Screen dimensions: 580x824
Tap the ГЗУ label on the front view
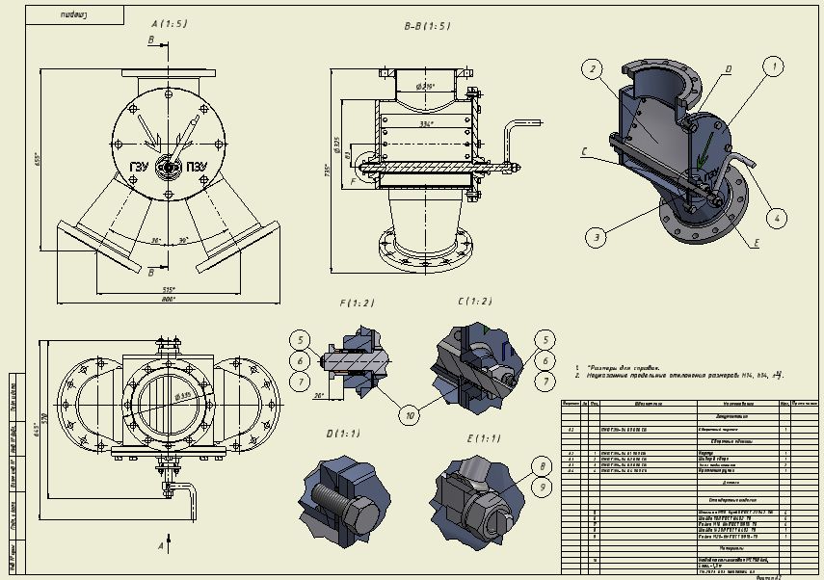click(141, 167)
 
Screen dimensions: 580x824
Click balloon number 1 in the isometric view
click(772, 66)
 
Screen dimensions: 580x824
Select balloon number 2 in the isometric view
click(591, 67)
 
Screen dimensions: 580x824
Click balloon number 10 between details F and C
click(411, 415)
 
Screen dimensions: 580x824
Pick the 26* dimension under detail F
click(318, 395)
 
